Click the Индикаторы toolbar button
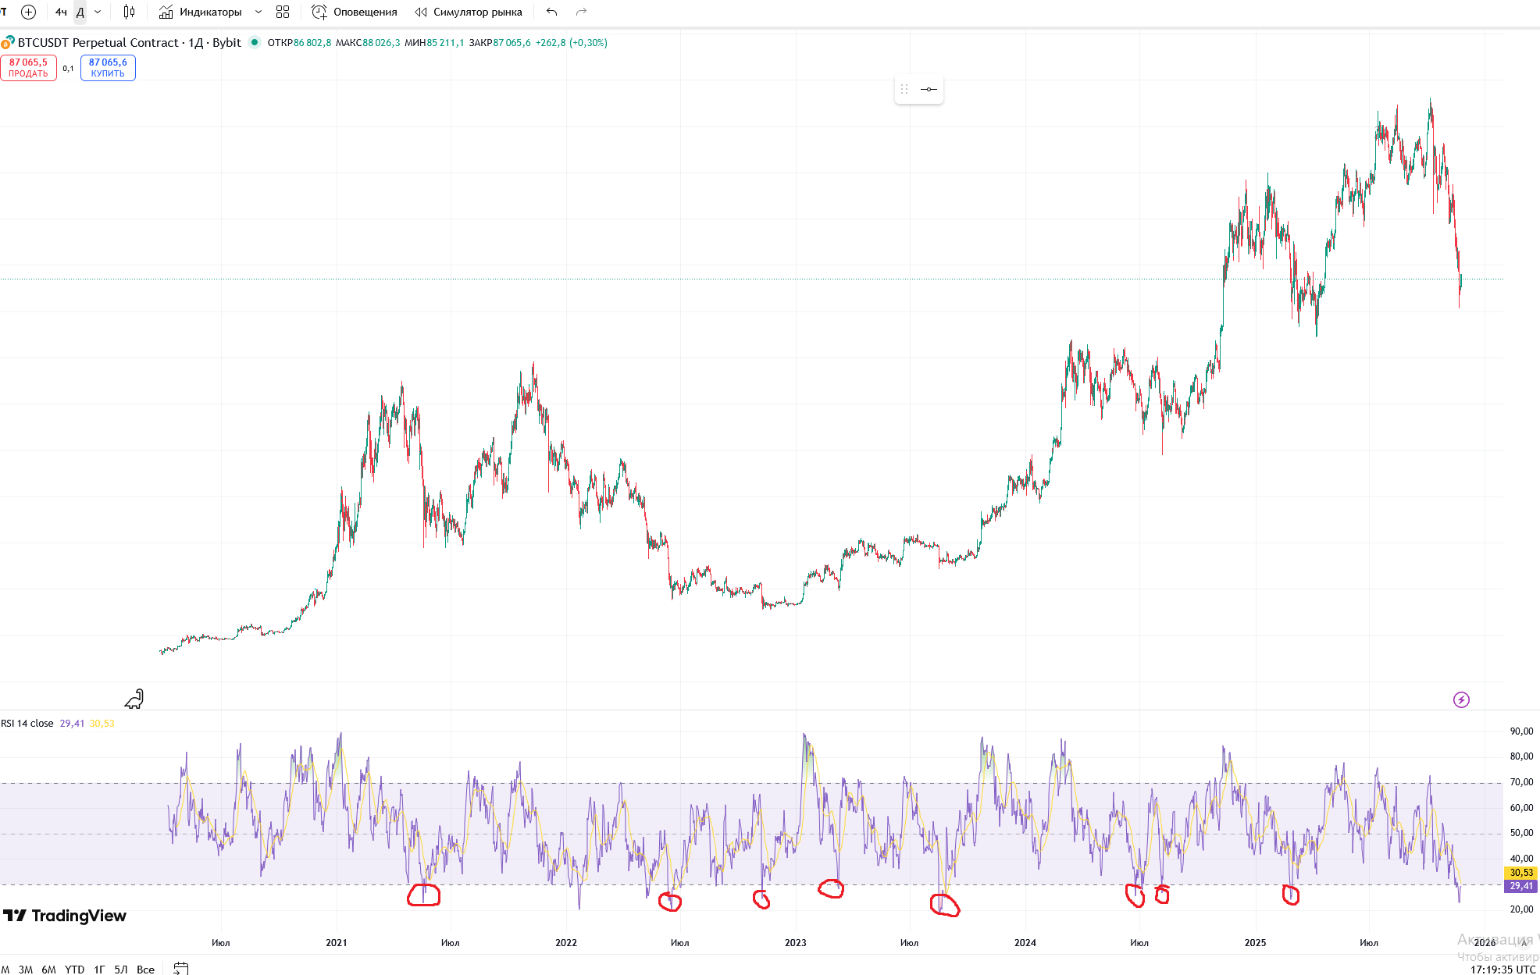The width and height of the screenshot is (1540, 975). (201, 12)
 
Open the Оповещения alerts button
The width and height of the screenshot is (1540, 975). (355, 12)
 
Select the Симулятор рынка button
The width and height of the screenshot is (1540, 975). (469, 12)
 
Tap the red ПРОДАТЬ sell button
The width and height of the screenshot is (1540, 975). (28, 68)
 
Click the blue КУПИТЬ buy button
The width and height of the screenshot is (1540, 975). (108, 68)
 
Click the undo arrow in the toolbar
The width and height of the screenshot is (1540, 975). (552, 12)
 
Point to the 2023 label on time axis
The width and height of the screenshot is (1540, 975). (795, 942)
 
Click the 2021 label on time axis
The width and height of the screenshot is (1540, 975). (337, 942)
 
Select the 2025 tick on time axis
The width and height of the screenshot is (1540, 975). (1255, 942)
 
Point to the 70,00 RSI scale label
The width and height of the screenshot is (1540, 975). (1521, 782)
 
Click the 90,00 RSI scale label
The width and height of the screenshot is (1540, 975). (1521, 731)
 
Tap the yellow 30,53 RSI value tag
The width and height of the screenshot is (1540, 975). (1520, 873)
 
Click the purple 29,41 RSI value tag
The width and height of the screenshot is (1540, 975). (1520, 886)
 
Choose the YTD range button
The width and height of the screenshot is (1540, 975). (74, 969)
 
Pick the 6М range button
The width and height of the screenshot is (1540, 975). (48, 969)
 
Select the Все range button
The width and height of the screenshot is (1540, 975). (145, 969)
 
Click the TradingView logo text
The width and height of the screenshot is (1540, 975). (78, 916)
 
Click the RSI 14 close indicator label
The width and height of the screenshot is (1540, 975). (27, 724)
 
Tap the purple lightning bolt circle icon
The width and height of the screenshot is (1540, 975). (1461, 699)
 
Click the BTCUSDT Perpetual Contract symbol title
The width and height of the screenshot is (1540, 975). (98, 43)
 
